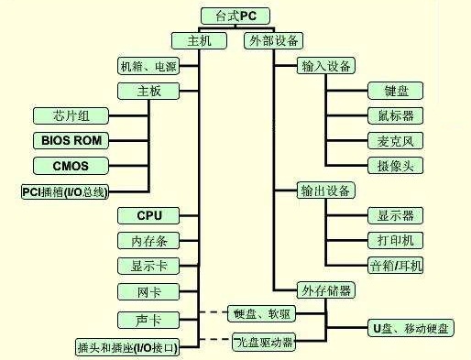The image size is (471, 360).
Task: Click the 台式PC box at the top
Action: point(235,15)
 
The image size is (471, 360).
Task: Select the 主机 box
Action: point(200,40)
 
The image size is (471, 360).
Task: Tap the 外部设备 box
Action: point(274,40)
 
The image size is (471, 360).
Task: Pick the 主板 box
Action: point(148,91)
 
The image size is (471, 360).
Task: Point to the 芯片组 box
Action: point(71,115)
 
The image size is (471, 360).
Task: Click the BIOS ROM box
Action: point(71,140)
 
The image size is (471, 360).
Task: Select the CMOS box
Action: point(71,165)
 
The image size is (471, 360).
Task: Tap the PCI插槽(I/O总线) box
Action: point(64,191)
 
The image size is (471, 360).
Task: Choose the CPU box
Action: point(148,216)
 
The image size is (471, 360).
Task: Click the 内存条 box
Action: point(148,241)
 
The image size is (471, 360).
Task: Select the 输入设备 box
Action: point(327,66)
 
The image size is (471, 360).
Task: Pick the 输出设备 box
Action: point(327,191)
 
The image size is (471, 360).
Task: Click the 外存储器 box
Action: point(327,290)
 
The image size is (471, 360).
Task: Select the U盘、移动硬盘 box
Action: point(410,327)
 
